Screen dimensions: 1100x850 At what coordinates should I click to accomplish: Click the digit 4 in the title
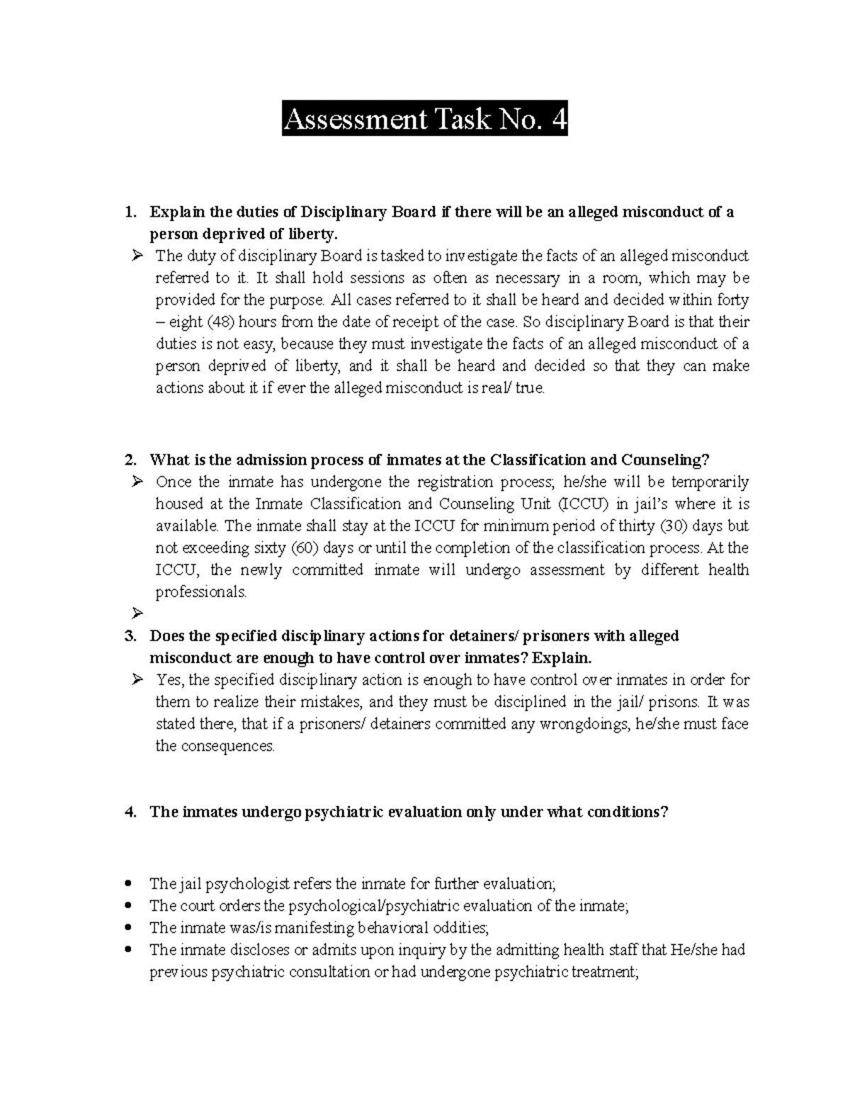coord(558,120)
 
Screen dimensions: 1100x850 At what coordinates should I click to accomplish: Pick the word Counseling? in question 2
coord(665,460)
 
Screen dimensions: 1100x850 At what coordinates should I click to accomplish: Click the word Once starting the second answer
coord(174,482)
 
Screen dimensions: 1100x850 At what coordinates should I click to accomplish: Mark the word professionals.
coord(201,592)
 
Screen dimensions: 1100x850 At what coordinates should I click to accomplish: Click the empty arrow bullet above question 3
coord(137,613)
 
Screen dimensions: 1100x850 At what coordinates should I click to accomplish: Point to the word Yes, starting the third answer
coord(170,680)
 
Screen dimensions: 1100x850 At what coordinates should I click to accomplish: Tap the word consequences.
coord(215,746)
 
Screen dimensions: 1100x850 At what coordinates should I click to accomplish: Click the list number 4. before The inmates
coord(129,812)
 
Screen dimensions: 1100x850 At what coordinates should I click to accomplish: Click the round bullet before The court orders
coord(128,906)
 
